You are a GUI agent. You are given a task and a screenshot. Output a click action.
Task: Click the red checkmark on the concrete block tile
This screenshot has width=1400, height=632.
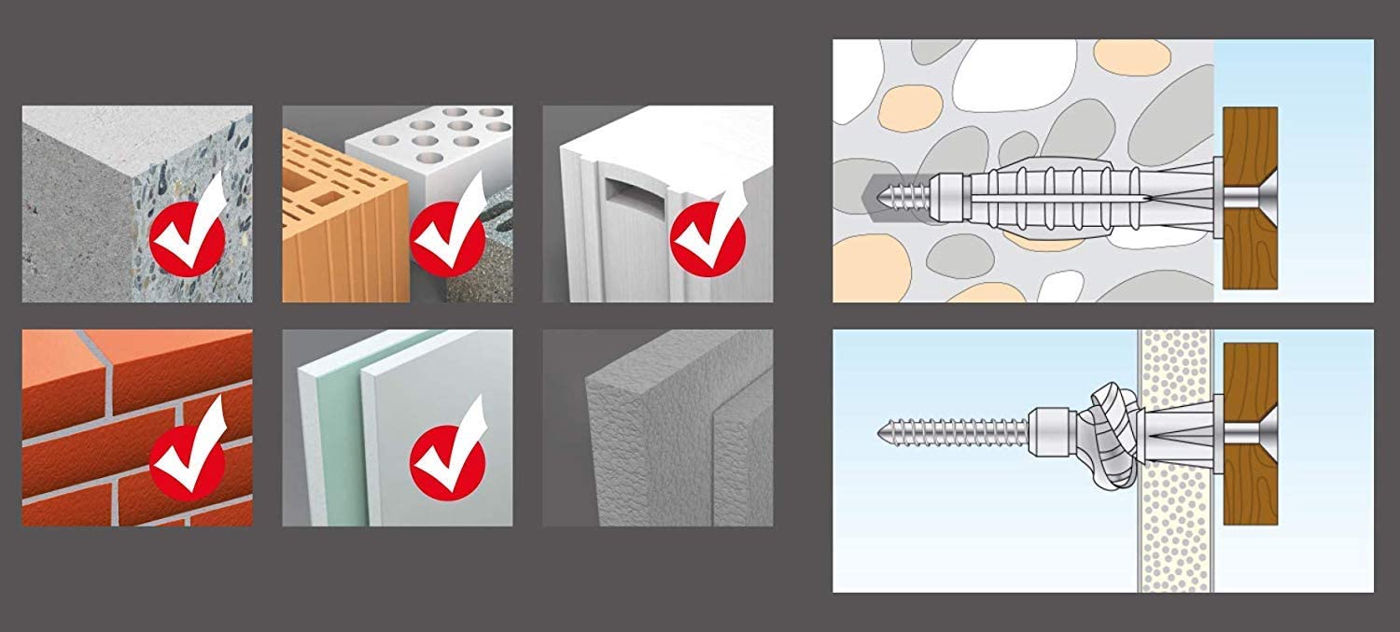click(188, 237)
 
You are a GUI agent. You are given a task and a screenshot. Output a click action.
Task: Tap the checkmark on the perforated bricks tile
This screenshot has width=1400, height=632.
click(448, 237)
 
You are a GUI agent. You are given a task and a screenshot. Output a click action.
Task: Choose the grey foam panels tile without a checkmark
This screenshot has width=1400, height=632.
click(658, 428)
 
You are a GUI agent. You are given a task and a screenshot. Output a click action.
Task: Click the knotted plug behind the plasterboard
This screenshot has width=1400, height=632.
click(1106, 431)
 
